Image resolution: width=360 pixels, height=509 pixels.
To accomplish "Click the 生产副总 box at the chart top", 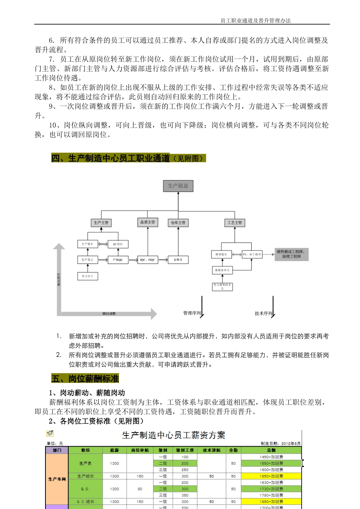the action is point(178,186).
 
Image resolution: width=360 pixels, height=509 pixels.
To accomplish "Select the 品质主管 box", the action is point(147,222).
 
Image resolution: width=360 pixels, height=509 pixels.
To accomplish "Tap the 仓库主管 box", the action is point(178,223).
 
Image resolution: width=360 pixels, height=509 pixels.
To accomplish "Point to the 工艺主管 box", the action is point(235,223).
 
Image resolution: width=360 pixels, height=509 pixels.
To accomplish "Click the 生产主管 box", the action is point(101,223).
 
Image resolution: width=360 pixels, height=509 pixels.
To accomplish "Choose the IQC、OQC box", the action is point(147,260).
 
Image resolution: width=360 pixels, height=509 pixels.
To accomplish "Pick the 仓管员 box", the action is point(178,260).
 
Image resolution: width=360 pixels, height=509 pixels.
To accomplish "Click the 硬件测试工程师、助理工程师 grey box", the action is point(291,254).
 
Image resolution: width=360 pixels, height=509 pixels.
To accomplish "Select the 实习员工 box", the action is point(88,276).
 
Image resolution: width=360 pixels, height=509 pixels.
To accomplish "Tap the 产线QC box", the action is point(118,260).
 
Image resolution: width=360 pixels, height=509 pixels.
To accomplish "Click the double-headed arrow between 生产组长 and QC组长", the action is point(103,244).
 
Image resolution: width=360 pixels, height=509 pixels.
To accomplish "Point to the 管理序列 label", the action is point(192,313).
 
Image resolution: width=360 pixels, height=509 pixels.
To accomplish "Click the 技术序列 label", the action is point(263,314).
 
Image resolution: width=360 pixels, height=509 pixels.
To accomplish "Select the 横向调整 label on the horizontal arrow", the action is point(109,314).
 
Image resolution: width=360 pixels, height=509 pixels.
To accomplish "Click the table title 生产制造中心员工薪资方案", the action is point(174,436).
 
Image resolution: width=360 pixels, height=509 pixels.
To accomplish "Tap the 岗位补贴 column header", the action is point(140,450).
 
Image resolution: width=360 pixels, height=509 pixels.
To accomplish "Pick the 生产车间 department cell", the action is point(57,479).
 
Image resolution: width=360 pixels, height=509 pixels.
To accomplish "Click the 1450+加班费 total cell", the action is point(271,457).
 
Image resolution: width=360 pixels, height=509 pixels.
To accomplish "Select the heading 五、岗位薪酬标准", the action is point(85,378).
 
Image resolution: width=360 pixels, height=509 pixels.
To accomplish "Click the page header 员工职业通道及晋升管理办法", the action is point(256,21).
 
